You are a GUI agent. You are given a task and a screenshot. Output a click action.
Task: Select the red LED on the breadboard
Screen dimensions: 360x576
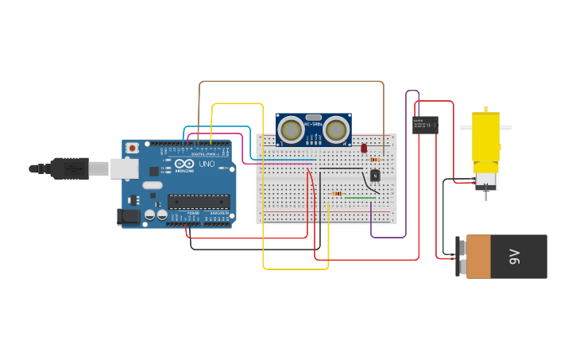(x=364, y=148)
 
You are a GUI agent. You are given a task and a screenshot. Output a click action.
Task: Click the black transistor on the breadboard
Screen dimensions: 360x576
(x=375, y=175)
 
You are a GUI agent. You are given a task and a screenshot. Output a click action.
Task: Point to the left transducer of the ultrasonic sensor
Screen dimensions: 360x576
(x=292, y=129)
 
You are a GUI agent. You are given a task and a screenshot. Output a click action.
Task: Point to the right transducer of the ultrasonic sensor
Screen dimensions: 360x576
(x=336, y=129)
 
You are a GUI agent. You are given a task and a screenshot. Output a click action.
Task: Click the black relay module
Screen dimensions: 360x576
(x=425, y=125)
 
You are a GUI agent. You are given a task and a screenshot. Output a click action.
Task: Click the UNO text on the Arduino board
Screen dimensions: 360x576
(x=207, y=164)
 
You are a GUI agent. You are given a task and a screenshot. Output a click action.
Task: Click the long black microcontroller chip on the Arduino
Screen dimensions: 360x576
(x=198, y=202)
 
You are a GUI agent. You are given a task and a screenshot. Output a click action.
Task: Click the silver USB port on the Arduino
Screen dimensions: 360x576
(x=123, y=168)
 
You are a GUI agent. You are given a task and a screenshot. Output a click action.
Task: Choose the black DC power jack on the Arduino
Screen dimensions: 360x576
(x=127, y=215)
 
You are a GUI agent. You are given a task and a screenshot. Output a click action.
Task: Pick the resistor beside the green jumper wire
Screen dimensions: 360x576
(x=337, y=193)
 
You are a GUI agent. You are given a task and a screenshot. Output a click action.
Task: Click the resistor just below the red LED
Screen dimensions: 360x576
(x=375, y=160)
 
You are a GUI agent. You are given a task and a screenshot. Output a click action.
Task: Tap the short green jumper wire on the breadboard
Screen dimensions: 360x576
(x=360, y=197)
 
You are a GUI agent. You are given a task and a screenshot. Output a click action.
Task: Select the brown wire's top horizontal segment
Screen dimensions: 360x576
(x=291, y=81)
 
